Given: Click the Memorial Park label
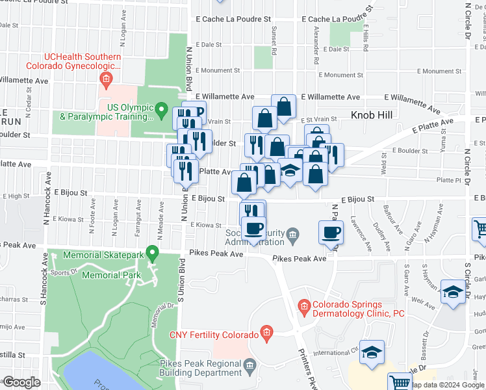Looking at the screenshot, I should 112,275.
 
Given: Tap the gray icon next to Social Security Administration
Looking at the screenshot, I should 294,234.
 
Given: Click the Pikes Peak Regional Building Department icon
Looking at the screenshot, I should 250,368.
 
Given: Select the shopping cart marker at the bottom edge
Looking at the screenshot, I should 400,383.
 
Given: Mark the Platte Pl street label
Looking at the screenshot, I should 448,179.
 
